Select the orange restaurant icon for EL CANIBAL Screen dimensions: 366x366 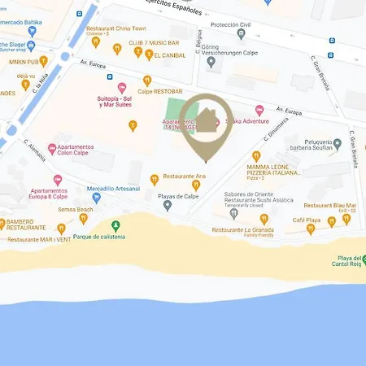(149, 54)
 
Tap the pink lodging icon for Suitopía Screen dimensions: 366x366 (122, 88)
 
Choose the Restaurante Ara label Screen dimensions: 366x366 (184, 176)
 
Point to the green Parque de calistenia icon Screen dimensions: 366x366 (115, 224)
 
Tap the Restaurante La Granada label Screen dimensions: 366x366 (242, 229)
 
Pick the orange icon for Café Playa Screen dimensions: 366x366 (309, 230)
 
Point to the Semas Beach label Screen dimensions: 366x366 (76, 208)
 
